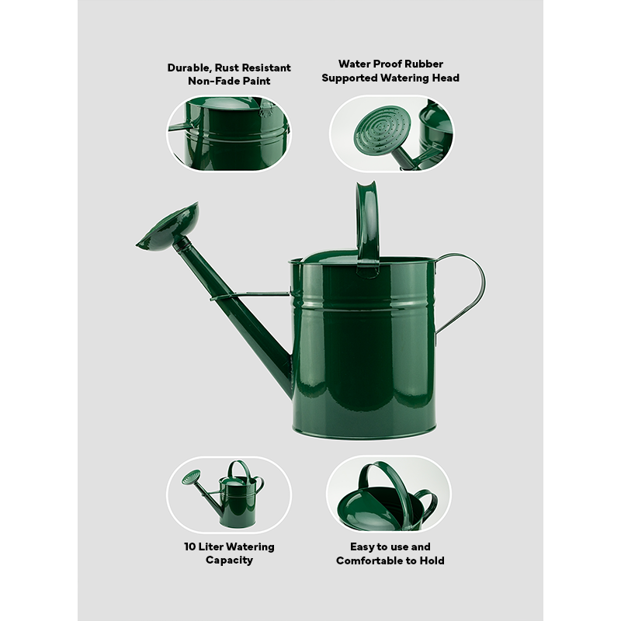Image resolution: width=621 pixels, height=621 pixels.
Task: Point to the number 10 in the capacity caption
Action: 189,547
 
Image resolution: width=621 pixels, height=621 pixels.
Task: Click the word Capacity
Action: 229,560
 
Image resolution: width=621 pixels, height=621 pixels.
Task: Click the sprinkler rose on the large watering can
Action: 168,227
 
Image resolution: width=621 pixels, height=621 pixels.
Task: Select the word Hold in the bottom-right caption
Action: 432,560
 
